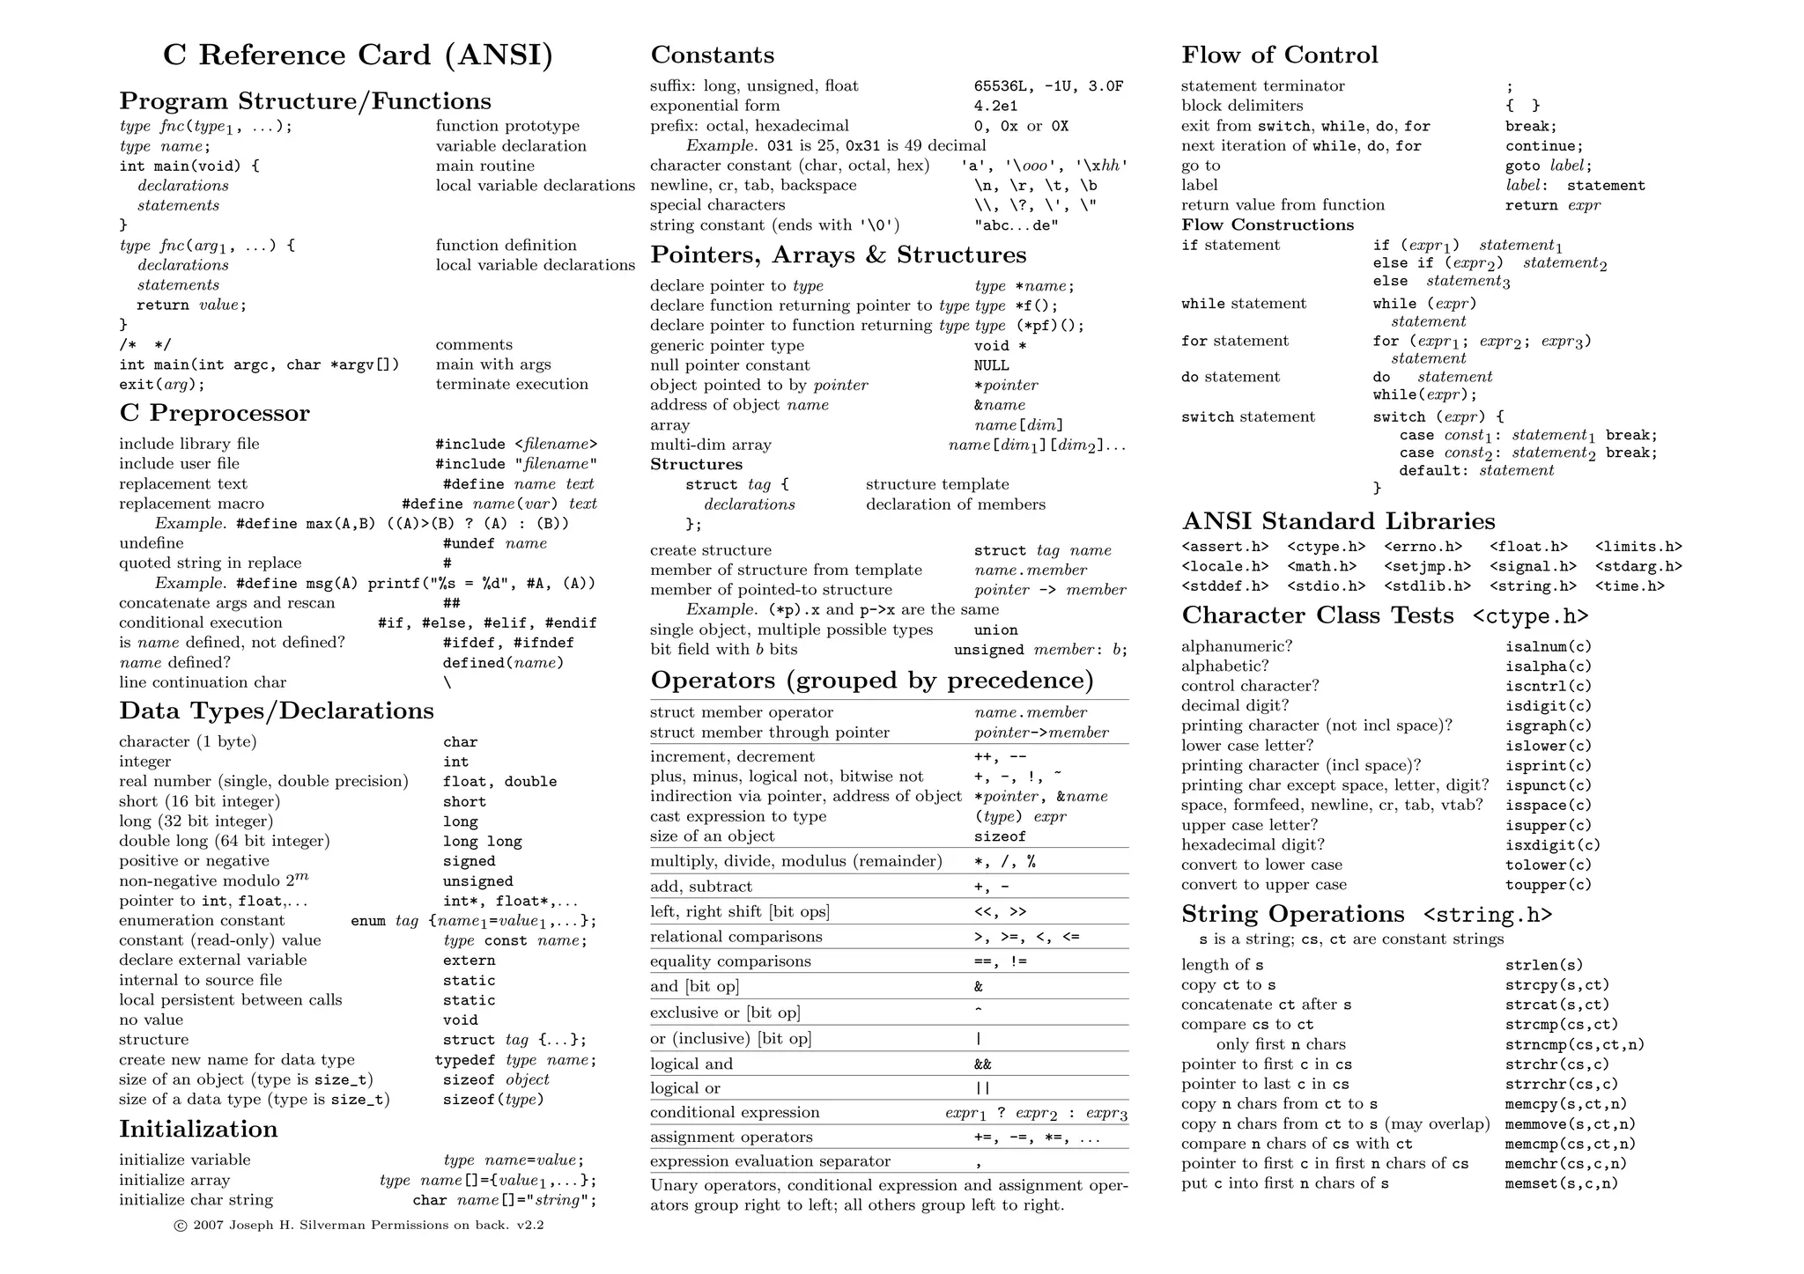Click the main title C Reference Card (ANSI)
(358, 55)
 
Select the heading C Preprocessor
(214, 413)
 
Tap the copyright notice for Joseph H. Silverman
(359, 1225)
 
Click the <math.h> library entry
(1321, 566)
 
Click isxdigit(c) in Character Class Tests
(1552, 845)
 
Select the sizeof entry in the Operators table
(1000, 836)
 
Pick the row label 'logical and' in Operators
(691, 1064)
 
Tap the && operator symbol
(983, 1064)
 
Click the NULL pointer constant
(991, 365)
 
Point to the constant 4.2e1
(995, 106)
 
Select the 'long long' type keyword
(482, 842)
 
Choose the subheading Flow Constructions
(1267, 225)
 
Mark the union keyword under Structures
(995, 630)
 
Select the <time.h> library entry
(1629, 586)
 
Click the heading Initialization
(198, 1129)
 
